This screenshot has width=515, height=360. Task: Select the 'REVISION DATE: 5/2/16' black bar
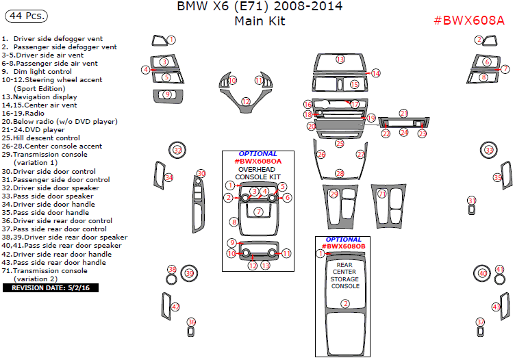51,287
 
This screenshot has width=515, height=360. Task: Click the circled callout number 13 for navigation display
340,60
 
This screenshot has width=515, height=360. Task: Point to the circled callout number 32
178,150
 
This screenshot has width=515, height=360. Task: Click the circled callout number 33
489,150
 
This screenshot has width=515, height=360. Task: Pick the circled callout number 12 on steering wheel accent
246,101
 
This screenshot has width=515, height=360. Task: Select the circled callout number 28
339,174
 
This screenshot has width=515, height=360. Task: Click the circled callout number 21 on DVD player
404,113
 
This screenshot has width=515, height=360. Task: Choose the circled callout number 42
176,307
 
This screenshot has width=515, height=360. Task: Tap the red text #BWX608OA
257,162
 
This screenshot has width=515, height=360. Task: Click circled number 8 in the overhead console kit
234,222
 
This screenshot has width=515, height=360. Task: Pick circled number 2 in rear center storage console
346,303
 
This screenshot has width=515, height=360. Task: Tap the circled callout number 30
201,173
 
